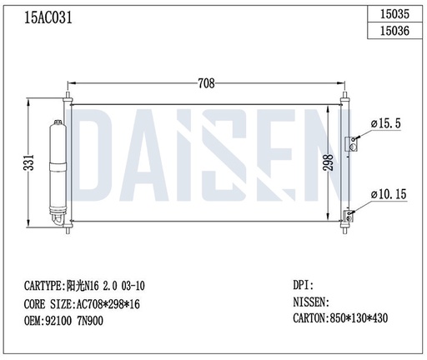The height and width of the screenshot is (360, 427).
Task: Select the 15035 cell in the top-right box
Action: click(394, 13)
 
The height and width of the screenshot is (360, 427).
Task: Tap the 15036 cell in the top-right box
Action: click(394, 32)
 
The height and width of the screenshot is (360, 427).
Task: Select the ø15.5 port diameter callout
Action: click(386, 123)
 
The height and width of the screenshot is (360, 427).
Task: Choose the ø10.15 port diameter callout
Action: click(388, 193)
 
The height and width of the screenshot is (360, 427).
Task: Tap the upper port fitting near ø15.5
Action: click(354, 142)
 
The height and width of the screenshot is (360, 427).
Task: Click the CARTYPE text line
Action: click(88, 286)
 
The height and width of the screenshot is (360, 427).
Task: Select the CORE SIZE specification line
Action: click(82, 303)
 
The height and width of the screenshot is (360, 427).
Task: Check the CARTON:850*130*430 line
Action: click(341, 317)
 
